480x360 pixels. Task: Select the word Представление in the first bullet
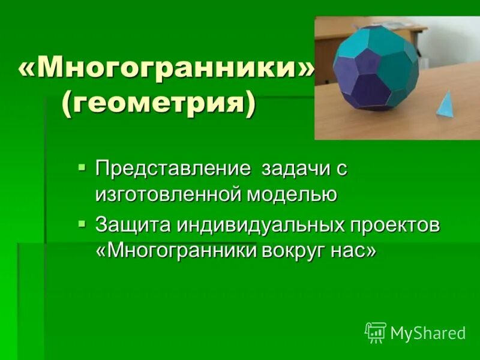(173, 169)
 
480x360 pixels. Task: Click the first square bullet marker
(82, 166)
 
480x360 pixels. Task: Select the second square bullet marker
(82, 223)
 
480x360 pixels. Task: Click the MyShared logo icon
(376, 332)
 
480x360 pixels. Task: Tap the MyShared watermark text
(428, 333)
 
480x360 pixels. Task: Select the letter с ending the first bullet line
(341, 169)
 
